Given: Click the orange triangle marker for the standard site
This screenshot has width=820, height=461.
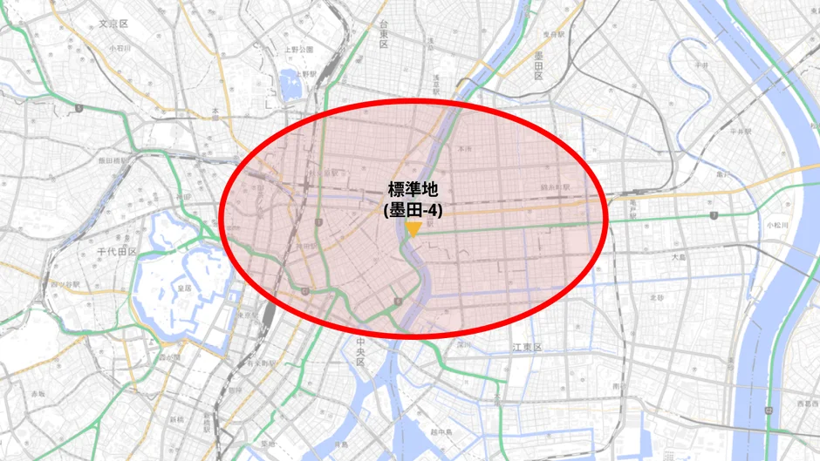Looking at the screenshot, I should click(413, 229).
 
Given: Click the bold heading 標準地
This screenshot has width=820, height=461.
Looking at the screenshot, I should click(413, 190).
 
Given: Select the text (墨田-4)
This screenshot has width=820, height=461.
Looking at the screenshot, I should click(413, 209).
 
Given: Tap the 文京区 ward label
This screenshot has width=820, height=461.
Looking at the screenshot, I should click(113, 24).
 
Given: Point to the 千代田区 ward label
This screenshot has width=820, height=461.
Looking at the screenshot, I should click(117, 252).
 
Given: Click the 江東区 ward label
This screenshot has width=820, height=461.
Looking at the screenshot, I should click(527, 348).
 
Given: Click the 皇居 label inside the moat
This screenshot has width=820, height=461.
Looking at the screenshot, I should click(184, 287).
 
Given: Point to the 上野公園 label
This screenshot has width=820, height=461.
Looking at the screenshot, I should click(298, 50).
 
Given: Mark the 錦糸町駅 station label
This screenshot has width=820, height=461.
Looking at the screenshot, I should click(555, 186).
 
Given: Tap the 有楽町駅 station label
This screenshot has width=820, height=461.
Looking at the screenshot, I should click(260, 362).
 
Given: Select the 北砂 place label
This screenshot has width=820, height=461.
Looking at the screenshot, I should click(656, 297).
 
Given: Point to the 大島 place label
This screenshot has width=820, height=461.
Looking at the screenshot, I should click(680, 257).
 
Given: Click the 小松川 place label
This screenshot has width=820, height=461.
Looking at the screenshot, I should click(776, 224).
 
